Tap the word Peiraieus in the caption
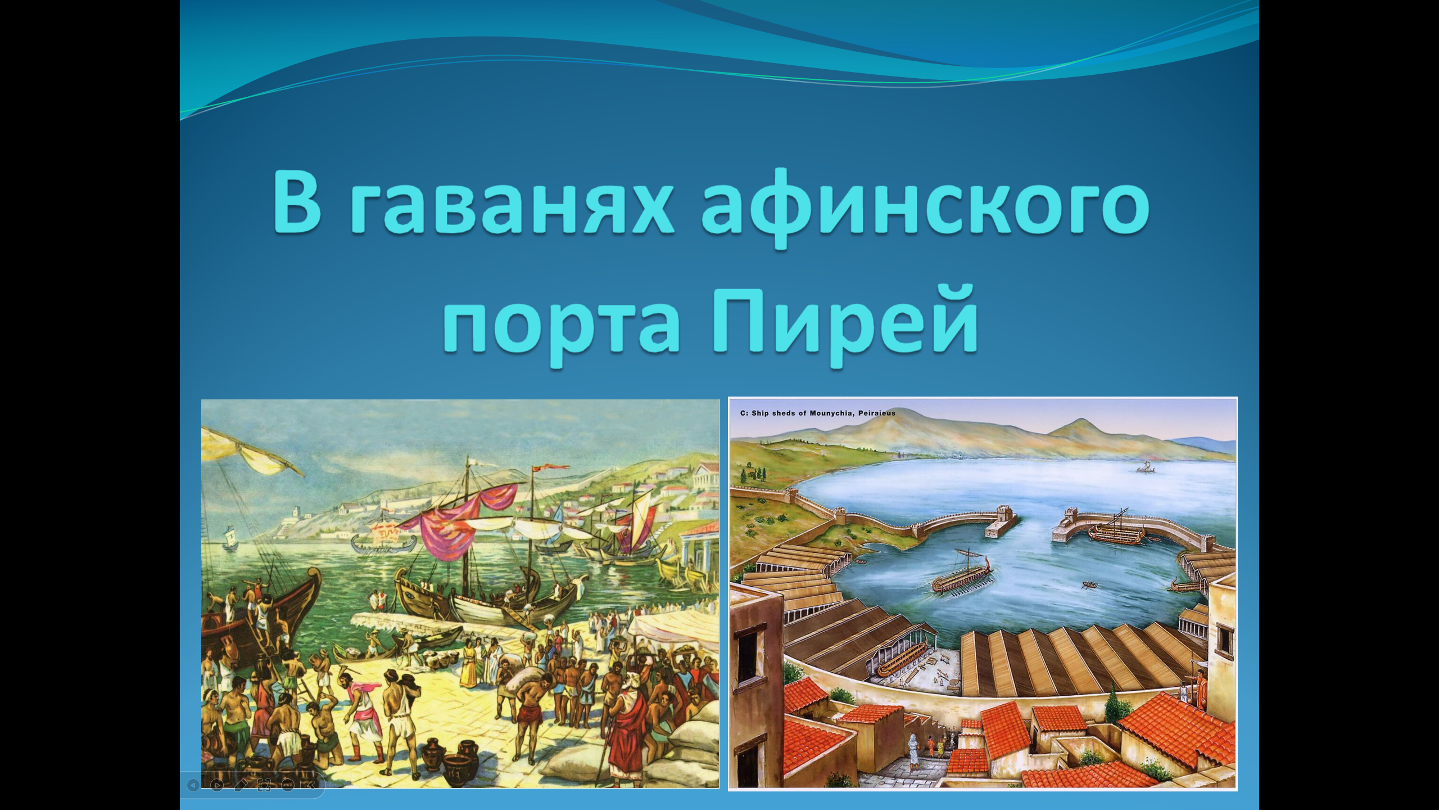877,413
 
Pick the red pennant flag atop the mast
554,469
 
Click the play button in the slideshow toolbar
217,785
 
